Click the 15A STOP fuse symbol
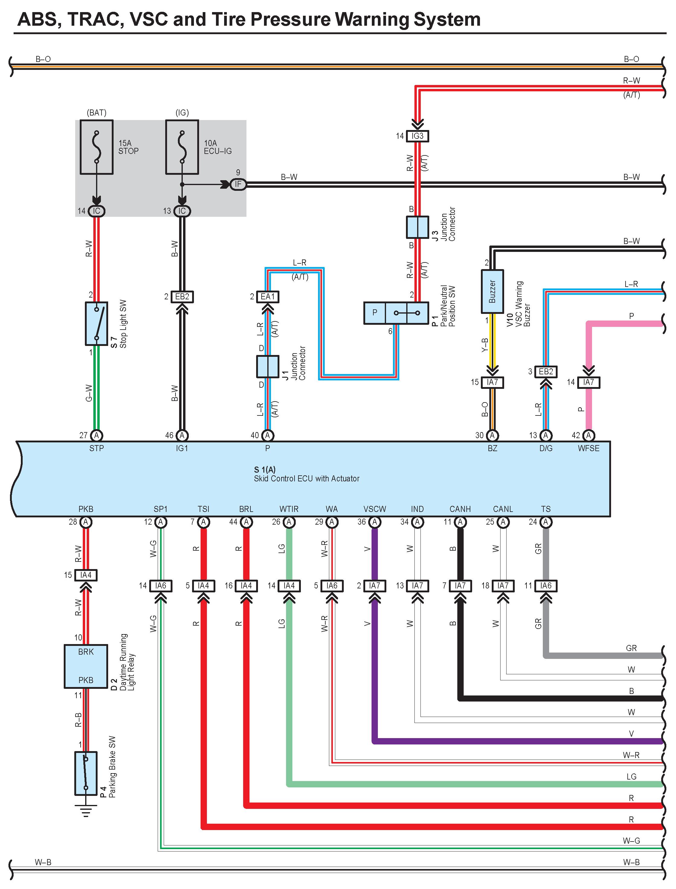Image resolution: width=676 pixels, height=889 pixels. point(97,147)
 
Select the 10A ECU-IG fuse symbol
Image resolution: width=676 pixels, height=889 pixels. point(182,147)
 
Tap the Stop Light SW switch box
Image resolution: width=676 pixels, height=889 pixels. point(97,324)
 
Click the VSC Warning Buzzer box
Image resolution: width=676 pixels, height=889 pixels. point(492,291)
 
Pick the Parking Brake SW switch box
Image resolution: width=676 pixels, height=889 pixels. point(86,773)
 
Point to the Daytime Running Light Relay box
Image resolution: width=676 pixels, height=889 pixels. point(86,666)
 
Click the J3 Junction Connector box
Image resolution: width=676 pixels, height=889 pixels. point(417,227)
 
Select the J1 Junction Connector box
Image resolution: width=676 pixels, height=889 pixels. point(268,366)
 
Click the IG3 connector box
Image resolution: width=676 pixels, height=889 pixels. point(417,136)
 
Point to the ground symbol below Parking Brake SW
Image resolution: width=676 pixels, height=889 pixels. point(86,810)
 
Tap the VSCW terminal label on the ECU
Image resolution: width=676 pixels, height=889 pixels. point(375,509)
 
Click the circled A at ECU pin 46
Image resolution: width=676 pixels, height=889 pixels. point(182,435)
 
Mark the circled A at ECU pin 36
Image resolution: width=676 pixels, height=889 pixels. point(375,522)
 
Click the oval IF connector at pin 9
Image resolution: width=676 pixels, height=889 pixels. point(238,184)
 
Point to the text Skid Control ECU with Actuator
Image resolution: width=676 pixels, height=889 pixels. point(306,479)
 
